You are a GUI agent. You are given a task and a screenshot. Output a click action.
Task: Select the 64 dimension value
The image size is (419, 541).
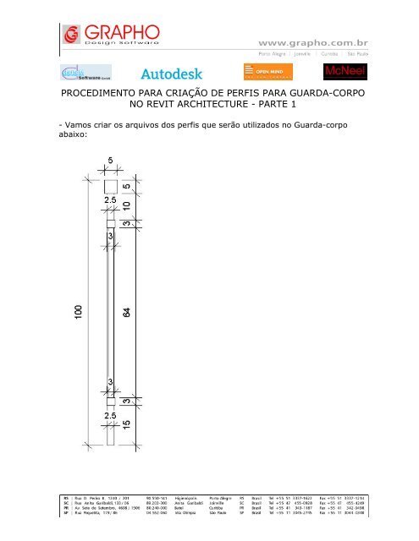tap(127, 312)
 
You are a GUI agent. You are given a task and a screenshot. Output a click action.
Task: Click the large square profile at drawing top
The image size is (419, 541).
tap(111, 186)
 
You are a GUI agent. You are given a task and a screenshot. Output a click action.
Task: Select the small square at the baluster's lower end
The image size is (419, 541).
tap(111, 400)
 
